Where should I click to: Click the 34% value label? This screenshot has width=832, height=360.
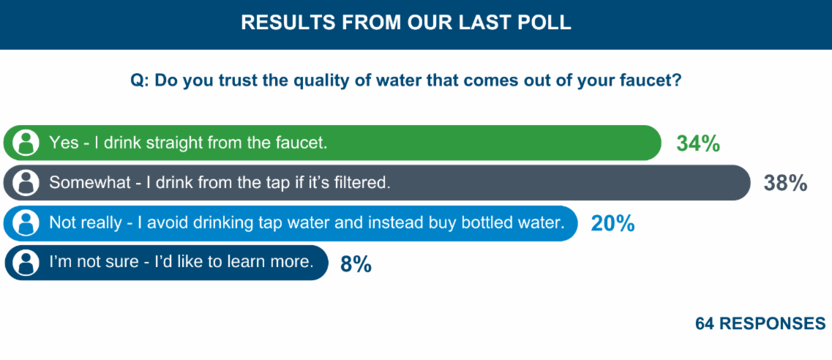[698, 143]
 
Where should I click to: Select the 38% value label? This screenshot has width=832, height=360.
[785, 183]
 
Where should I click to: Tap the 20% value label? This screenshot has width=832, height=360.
[612, 223]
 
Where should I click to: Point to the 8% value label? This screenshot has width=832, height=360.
[356, 264]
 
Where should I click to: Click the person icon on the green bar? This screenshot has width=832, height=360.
[26, 143]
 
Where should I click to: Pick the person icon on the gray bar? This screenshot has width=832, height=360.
[26, 183]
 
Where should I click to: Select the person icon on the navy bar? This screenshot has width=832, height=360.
[26, 263]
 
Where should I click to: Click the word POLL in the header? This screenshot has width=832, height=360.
[545, 23]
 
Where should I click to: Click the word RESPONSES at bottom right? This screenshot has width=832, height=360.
[775, 323]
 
